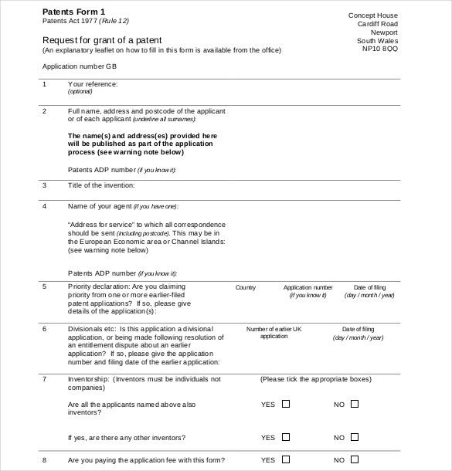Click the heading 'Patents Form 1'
[x=73, y=12]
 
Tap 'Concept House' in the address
[x=373, y=15]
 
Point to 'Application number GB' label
[x=79, y=66]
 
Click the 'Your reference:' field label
[x=93, y=83]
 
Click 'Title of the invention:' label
[x=101, y=185]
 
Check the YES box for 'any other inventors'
[x=286, y=437]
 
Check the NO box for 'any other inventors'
[x=355, y=437]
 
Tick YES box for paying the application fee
[x=286, y=460]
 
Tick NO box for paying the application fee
[x=355, y=460]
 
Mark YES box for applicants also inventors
[x=286, y=404]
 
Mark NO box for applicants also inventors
[x=355, y=404]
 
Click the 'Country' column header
[x=246, y=287]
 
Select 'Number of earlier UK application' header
[x=274, y=332]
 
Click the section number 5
[x=44, y=286]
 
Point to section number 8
[x=44, y=460]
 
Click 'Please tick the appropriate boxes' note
[x=316, y=379]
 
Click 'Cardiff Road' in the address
[x=378, y=24]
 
